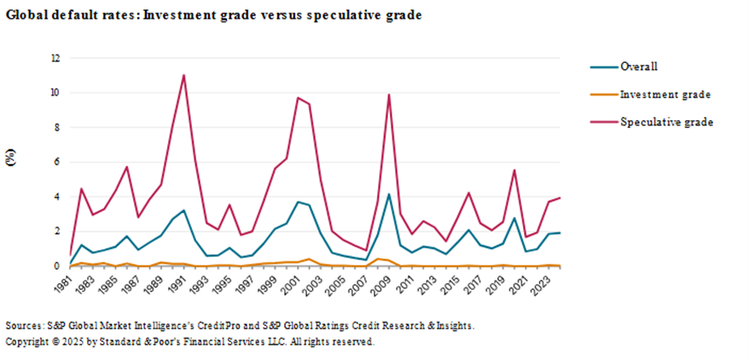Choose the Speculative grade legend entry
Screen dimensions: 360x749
pos(666,122)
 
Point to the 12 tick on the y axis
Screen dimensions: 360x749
pos(55,58)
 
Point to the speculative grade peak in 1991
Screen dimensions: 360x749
pos(183,75)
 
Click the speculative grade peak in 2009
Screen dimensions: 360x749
pos(389,95)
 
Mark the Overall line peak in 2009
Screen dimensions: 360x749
pos(389,195)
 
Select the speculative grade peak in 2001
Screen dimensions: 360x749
pos(298,98)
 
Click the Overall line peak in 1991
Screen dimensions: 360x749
pos(183,210)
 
